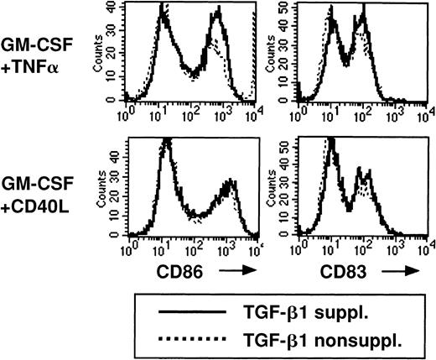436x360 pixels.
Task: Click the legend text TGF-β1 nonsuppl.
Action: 340,339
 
